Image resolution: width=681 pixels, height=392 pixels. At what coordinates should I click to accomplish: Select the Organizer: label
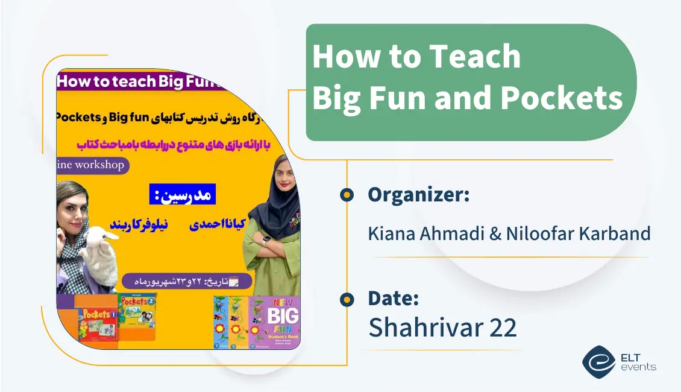[x=418, y=194]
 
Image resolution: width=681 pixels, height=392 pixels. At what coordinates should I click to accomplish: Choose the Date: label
[x=393, y=298]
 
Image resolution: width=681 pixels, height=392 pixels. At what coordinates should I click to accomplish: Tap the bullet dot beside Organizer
[x=347, y=194]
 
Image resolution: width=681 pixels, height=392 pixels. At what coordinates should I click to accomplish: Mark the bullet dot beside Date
[x=347, y=299]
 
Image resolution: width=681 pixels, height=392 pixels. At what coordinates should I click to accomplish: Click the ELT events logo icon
[x=598, y=361]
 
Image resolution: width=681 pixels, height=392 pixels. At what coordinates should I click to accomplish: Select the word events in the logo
[x=638, y=367]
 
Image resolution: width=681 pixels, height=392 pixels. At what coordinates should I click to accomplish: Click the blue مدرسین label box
[x=182, y=195]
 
